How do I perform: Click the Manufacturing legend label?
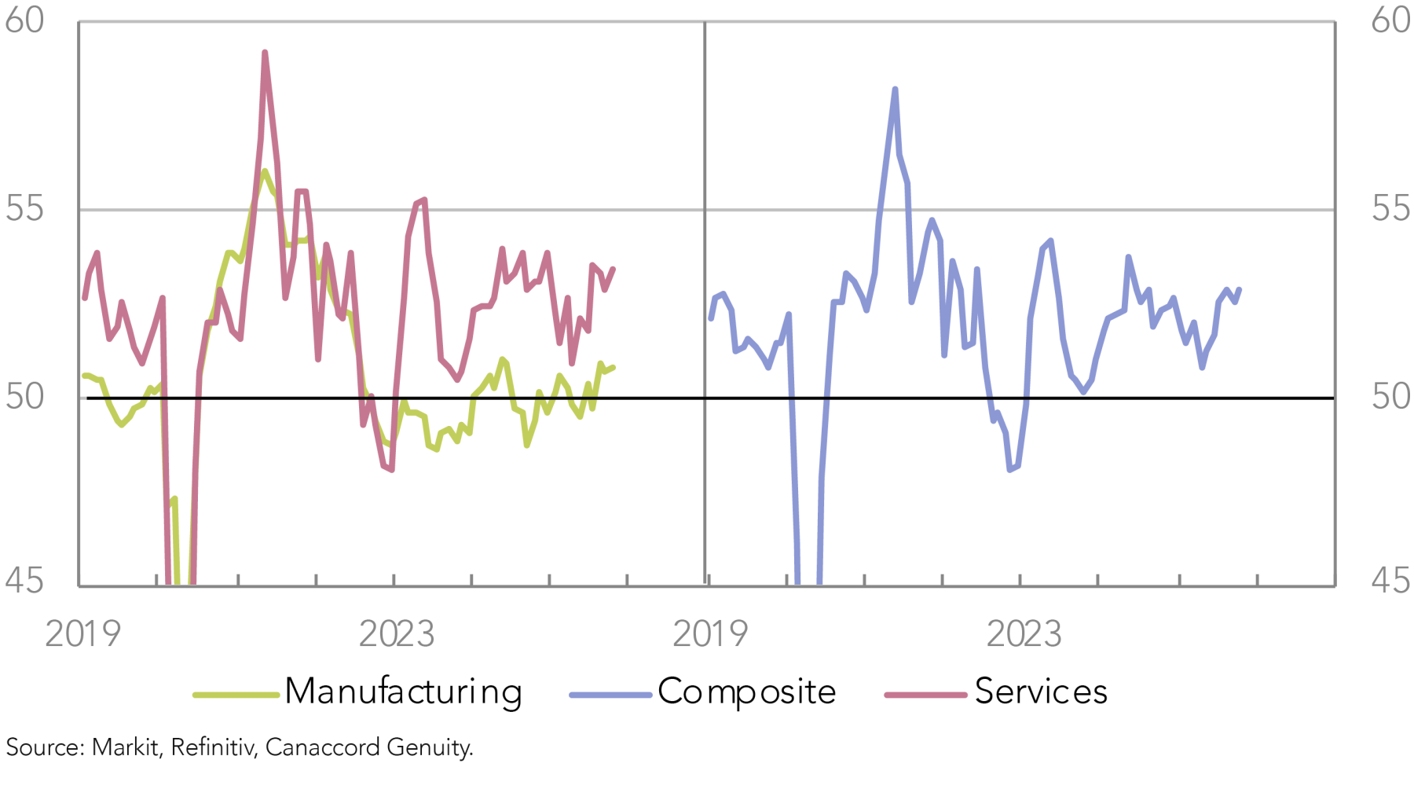403,692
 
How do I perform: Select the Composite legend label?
746,692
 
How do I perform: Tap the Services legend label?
1041,692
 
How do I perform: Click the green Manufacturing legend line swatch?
236,695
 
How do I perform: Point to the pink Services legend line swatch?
925,695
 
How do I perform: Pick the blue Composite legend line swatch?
610,695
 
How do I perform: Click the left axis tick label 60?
24,20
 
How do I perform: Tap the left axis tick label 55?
24,209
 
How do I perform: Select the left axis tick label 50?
24,397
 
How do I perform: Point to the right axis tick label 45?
1391,582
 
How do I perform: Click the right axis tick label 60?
1391,20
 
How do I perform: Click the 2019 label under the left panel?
82,634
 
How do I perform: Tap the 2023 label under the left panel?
396,634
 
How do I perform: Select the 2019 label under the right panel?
710,634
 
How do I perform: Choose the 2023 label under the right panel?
1024,634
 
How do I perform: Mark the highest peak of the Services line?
265,53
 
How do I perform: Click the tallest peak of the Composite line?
895,90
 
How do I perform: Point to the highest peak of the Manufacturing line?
265,171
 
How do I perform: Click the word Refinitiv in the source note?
214,747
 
